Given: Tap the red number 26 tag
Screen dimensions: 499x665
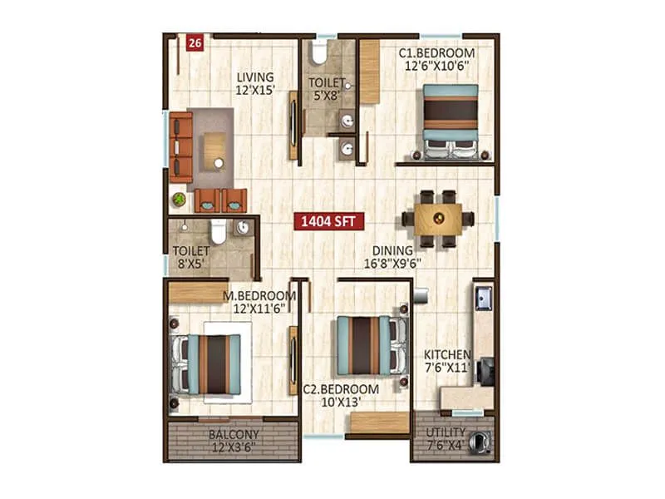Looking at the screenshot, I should click(195, 44).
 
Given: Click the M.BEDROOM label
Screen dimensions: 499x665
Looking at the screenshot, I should click(259, 295).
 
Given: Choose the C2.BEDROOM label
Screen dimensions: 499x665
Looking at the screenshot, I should click(341, 388).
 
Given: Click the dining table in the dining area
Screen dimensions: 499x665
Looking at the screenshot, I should click(438, 220).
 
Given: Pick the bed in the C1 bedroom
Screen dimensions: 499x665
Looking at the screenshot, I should click(450, 121).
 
